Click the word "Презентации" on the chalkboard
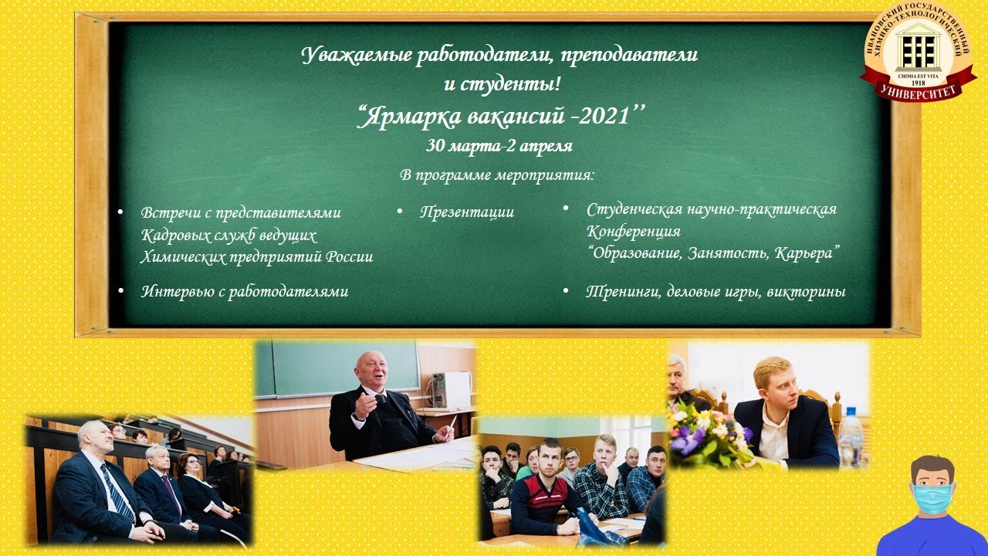467,212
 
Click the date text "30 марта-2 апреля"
499,146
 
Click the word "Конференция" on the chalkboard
634,231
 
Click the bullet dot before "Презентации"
400,212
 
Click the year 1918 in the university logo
918,83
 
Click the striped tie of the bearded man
117,493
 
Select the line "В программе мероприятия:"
497,175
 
